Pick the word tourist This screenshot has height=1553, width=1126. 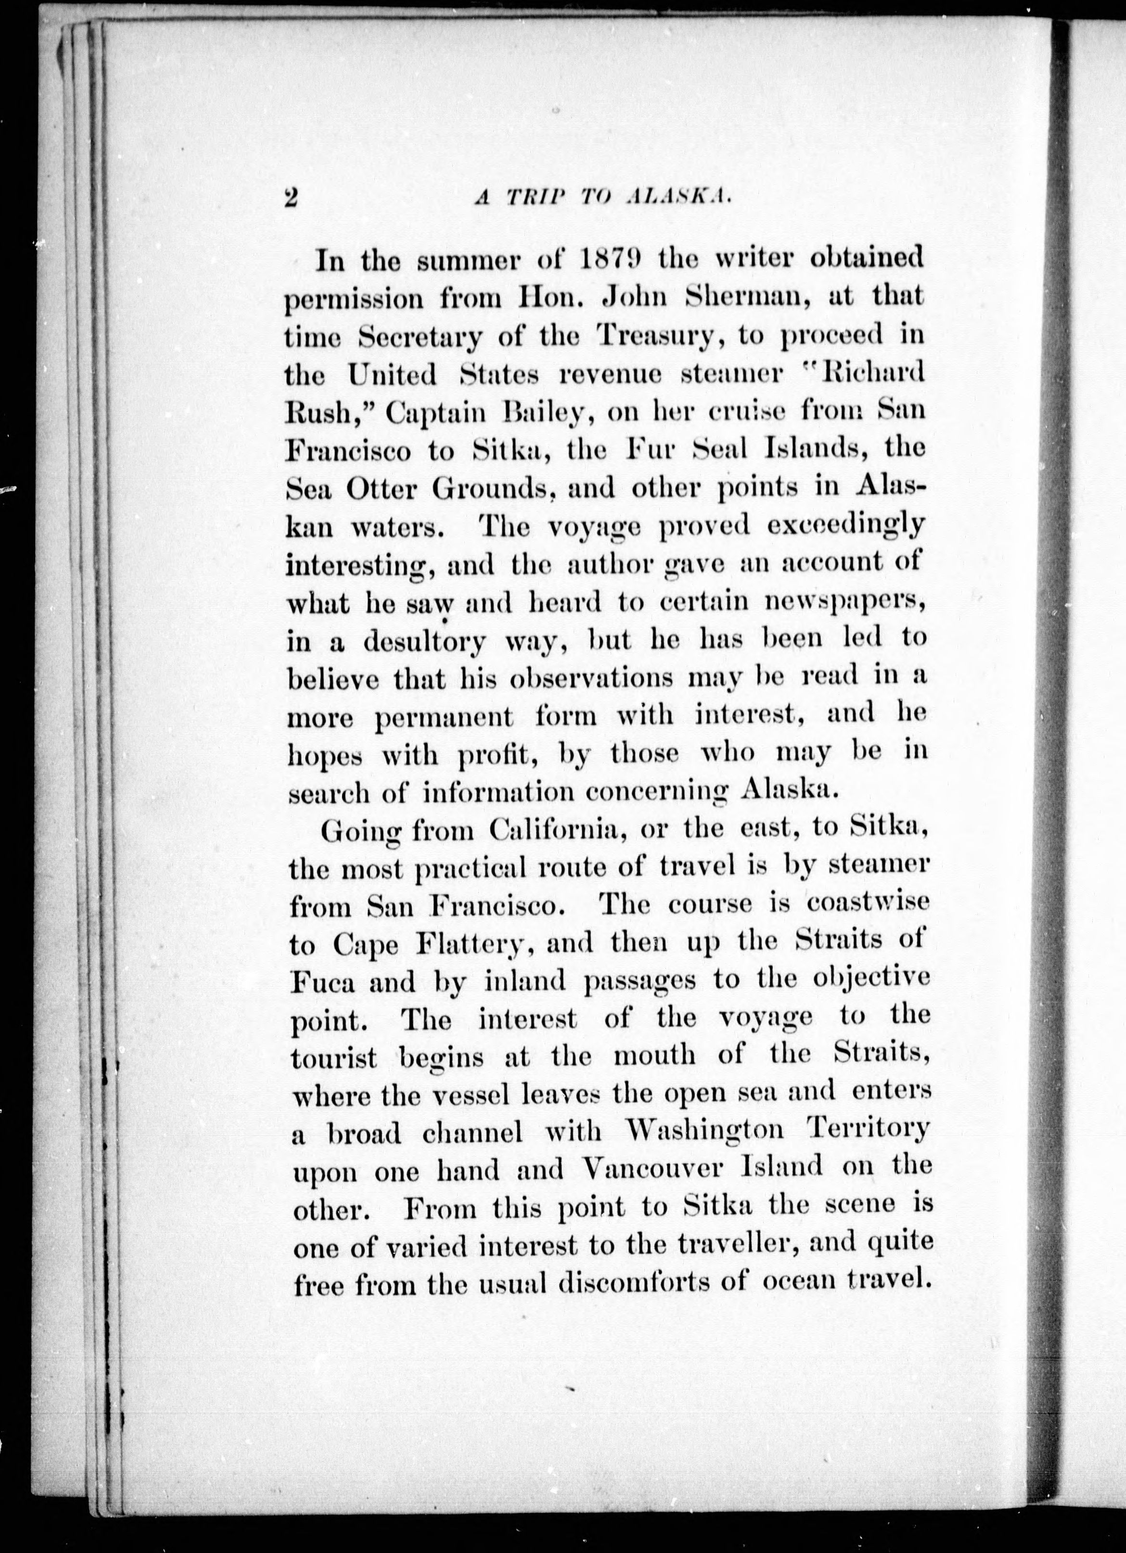pos(333,1058)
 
